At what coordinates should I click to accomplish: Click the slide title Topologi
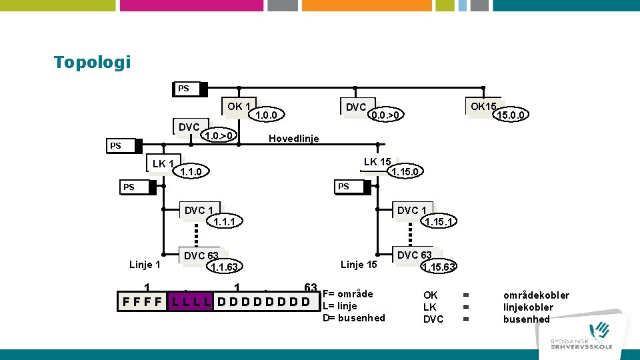(x=92, y=63)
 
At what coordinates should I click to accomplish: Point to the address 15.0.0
(x=511, y=115)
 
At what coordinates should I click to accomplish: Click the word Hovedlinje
(x=293, y=139)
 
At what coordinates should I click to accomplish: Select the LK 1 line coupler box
(x=163, y=164)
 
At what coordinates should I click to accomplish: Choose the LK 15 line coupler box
(x=377, y=162)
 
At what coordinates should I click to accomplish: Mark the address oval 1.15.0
(x=405, y=172)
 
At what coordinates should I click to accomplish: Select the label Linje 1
(x=145, y=265)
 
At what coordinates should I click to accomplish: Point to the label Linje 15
(x=359, y=265)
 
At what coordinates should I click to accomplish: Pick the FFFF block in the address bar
(x=142, y=301)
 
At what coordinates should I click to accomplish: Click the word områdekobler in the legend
(x=536, y=295)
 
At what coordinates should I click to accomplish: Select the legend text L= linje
(x=340, y=306)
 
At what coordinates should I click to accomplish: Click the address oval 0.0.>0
(x=387, y=115)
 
